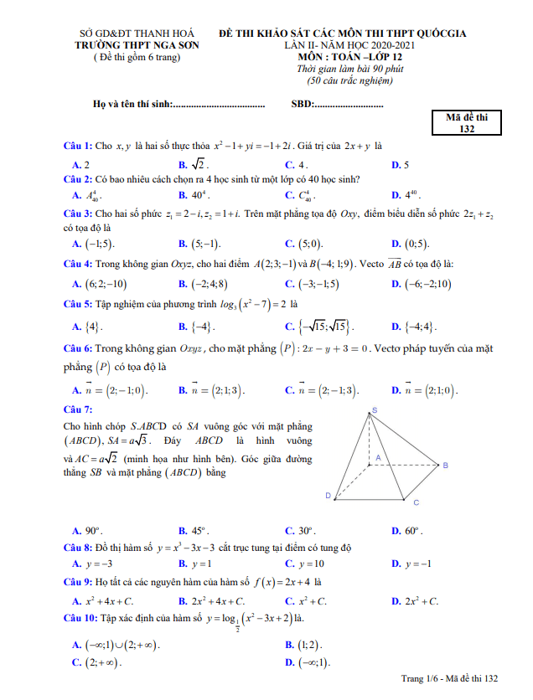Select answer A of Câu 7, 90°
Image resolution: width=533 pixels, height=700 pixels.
pos(87,531)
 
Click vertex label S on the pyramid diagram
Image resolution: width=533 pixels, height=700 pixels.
pos(374,409)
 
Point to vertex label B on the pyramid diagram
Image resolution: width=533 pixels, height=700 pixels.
pos(445,465)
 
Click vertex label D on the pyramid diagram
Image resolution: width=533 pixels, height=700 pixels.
pos(328,496)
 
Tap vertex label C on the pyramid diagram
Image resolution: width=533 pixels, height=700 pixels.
pos(416,502)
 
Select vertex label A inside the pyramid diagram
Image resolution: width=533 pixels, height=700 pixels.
pos(378,457)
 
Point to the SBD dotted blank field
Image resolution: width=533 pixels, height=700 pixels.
pos(349,104)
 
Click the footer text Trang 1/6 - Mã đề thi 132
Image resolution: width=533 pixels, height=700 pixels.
pos(450,677)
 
